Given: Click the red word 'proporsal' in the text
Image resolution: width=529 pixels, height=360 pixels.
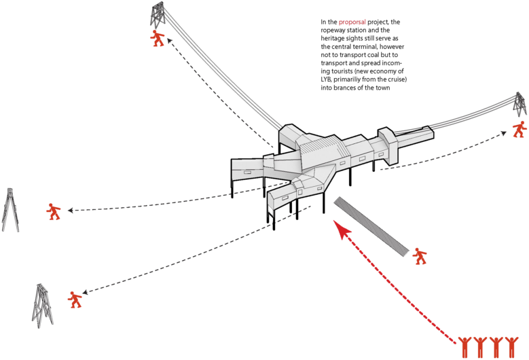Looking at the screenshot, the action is pyautogui.click(x=352, y=22).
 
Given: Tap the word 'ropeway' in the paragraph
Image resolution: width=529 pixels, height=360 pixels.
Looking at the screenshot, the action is pyautogui.click(x=332, y=31).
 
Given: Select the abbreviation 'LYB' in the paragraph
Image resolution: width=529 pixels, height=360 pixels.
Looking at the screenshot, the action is pyautogui.click(x=325, y=79).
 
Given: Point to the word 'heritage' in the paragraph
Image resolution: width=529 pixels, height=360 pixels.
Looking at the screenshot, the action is pyautogui.click(x=331, y=39).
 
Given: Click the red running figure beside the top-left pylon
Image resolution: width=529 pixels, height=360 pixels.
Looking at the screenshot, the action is pyautogui.click(x=158, y=38).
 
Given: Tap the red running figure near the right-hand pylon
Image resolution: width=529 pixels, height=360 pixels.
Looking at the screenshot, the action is pyautogui.click(x=519, y=129).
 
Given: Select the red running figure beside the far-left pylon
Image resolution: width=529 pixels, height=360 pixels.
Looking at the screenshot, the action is pyautogui.click(x=54, y=211).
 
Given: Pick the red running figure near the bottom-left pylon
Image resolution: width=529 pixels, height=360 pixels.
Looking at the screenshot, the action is pyautogui.click(x=75, y=300).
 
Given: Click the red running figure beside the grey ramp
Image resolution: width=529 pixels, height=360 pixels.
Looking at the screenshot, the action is pyautogui.click(x=420, y=257).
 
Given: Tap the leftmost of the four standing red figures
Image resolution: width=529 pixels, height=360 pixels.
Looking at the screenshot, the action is pyautogui.click(x=465, y=347).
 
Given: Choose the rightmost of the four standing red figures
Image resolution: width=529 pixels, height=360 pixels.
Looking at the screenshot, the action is pyautogui.click(x=512, y=347).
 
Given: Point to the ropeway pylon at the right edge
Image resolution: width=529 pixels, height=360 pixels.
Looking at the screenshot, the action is pyautogui.click(x=519, y=105).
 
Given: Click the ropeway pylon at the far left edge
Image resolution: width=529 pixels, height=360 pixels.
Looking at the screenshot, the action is pyautogui.click(x=10, y=210).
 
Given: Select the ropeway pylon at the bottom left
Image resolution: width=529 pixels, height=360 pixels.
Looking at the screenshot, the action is pyautogui.click(x=41, y=306).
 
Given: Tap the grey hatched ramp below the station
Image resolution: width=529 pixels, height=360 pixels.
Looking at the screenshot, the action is pyautogui.click(x=371, y=227).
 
